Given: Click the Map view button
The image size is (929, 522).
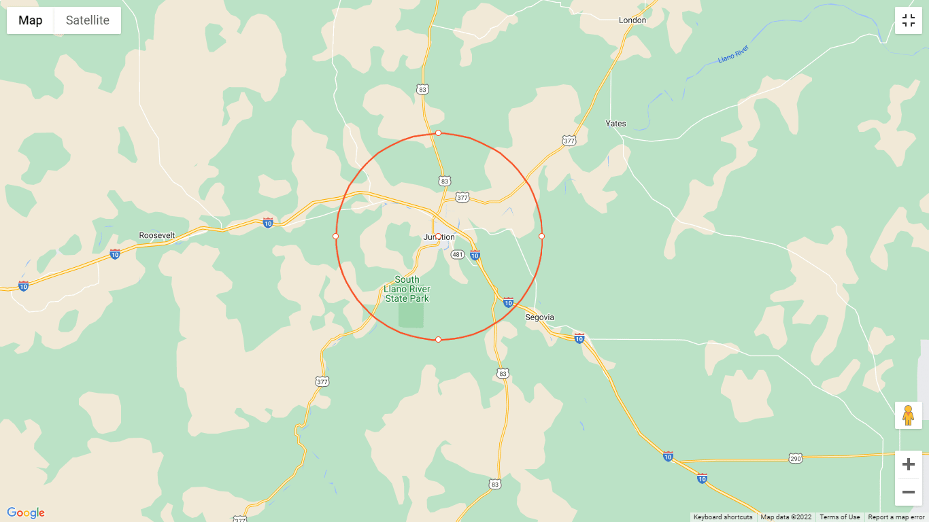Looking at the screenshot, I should pyautogui.click(x=31, y=20).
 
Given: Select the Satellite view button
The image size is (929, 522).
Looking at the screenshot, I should pyautogui.click(x=87, y=20).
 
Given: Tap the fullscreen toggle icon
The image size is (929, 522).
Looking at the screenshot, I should pyautogui.click(x=908, y=20).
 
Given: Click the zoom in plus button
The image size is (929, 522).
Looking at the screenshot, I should pyautogui.click(x=908, y=465).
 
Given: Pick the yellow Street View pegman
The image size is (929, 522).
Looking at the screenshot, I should pyautogui.click(x=908, y=415).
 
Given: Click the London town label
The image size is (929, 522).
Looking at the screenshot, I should pyautogui.click(x=632, y=20).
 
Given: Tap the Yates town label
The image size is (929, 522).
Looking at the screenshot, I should pyautogui.click(x=615, y=124).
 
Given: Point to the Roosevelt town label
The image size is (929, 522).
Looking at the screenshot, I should pyautogui.click(x=157, y=235).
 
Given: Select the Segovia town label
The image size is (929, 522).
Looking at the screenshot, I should pyautogui.click(x=539, y=317).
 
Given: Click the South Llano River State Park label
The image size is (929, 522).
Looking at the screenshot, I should pyautogui.click(x=407, y=289).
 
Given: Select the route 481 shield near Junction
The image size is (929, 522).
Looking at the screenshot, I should pyautogui.click(x=458, y=255).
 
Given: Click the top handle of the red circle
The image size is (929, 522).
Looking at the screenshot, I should pyautogui.click(x=438, y=133).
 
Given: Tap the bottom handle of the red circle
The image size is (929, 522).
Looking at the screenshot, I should pyautogui.click(x=438, y=339).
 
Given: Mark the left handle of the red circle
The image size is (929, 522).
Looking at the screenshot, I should pyautogui.click(x=335, y=236).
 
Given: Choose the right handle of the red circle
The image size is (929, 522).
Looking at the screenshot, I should pyautogui.click(x=541, y=236).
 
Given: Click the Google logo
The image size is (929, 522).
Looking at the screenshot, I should pyautogui.click(x=26, y=513).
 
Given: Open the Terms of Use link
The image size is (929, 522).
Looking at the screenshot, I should pyautogui.click(x=839, y=517).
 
